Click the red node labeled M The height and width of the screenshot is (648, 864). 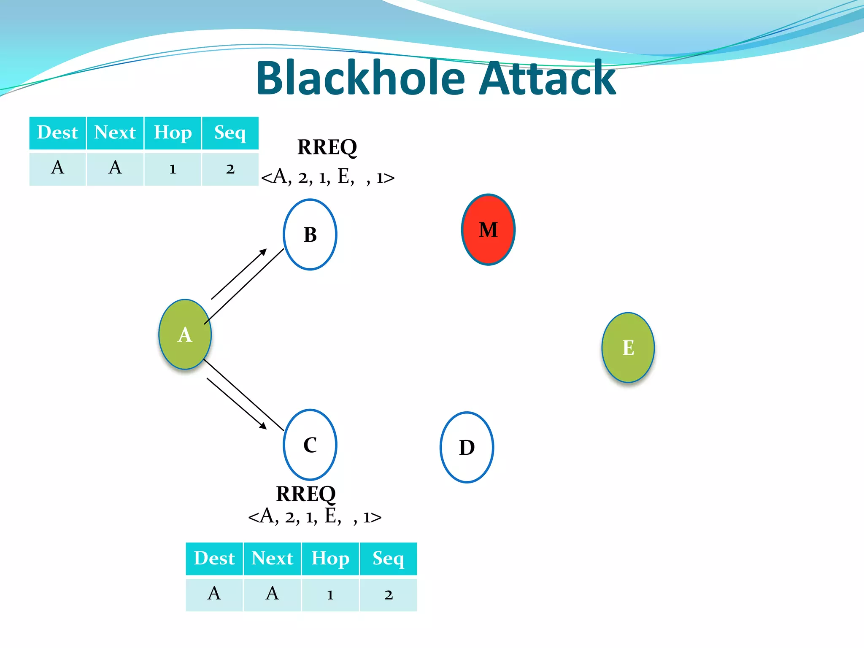(x=488, y=229)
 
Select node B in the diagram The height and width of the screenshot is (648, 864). (x=310, y=235)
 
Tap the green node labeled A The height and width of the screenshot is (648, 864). (x=185, y=335)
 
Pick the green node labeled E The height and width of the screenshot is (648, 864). (x=628, y=348)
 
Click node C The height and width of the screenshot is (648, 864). (x=310, y=445)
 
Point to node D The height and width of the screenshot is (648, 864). (x=467, y=447)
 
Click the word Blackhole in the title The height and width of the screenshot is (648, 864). (x=361, y=78)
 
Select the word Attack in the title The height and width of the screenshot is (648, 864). (x=548, y=78)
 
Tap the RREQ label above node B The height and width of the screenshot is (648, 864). (x=327, y=147)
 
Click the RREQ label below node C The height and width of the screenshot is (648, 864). (x=306, y=494)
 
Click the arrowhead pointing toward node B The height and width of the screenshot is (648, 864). (x=263, y=252)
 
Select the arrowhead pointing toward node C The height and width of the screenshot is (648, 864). (x=263, y=426)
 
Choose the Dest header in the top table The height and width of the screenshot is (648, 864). (x=57, y=133)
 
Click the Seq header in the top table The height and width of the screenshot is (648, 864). (x=230, y=133)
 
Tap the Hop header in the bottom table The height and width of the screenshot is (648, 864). (x=330, y=559)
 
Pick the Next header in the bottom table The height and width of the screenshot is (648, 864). (x=272, y=559)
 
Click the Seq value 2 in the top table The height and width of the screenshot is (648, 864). (x=230, y=169)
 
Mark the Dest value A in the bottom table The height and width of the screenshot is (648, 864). (x=214, y=594)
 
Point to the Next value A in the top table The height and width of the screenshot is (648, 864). (x=115, y=168)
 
